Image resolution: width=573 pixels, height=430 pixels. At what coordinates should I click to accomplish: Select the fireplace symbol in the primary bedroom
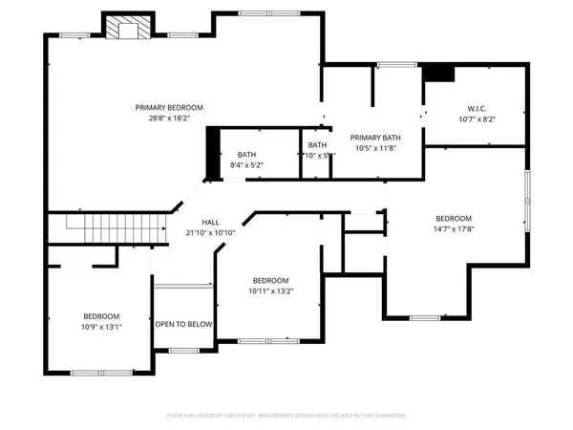[x=126, y=29]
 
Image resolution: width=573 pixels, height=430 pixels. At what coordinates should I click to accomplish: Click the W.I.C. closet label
[x=478, y=108]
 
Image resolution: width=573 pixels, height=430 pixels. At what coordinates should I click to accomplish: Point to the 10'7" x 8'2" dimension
[x=478, y=120]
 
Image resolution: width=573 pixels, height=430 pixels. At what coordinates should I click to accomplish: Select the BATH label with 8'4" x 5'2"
[x=247, y=155]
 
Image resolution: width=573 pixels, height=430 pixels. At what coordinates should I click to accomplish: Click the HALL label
[x=210, y=222]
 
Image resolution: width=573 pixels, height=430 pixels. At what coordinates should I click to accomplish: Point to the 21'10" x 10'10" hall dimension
[x=210, y=233]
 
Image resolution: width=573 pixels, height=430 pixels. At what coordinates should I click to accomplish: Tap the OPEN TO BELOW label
[x=183, y=325]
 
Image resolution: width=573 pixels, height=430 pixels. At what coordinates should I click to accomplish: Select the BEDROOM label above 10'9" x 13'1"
[x=100, y=316]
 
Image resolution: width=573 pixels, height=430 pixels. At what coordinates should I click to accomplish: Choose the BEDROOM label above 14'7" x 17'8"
[x=455, y=218]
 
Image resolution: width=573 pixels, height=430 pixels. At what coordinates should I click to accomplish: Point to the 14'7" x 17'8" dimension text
[x=455, y=229]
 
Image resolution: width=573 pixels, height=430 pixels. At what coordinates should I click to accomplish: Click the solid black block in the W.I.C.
[x=439, y=74]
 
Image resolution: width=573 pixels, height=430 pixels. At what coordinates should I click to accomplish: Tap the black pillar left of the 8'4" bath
[x=214, y=153]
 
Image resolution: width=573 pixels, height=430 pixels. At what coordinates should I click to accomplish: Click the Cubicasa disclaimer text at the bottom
[x=286, y=417]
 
